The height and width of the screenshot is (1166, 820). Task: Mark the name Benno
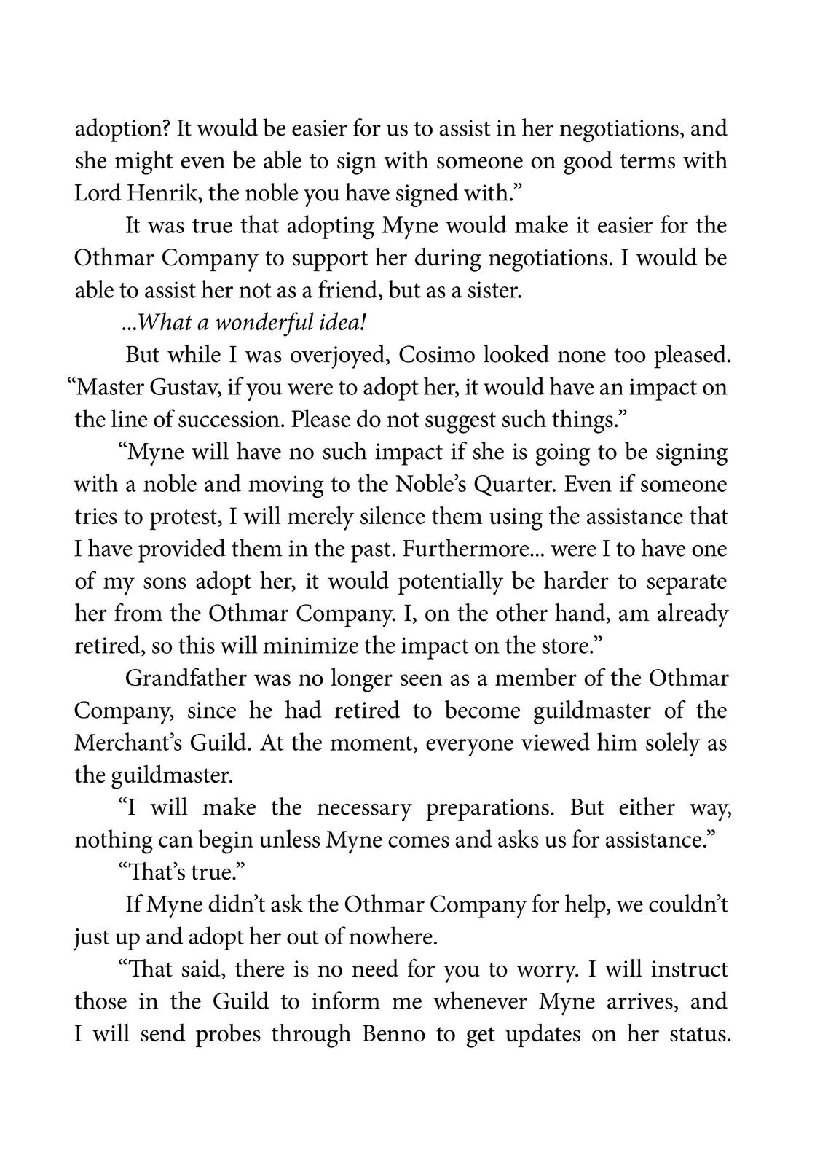coord(393,1034)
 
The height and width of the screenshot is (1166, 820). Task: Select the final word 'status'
coord(698,1034)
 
